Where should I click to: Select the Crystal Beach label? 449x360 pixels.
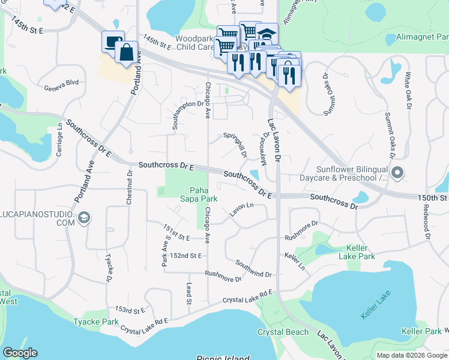283,332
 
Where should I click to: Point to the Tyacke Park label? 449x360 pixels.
96,322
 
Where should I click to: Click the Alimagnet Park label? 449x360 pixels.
422,37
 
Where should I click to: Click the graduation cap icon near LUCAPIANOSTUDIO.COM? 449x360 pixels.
85,217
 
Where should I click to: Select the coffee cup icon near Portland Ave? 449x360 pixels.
113,42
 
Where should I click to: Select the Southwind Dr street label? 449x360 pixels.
253,269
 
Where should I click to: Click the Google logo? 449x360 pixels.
20,353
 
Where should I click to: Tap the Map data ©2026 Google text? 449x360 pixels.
411,355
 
